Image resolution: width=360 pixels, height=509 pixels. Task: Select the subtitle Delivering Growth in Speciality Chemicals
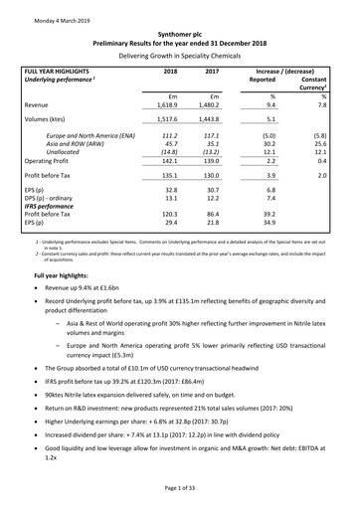tap(179, 57)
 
